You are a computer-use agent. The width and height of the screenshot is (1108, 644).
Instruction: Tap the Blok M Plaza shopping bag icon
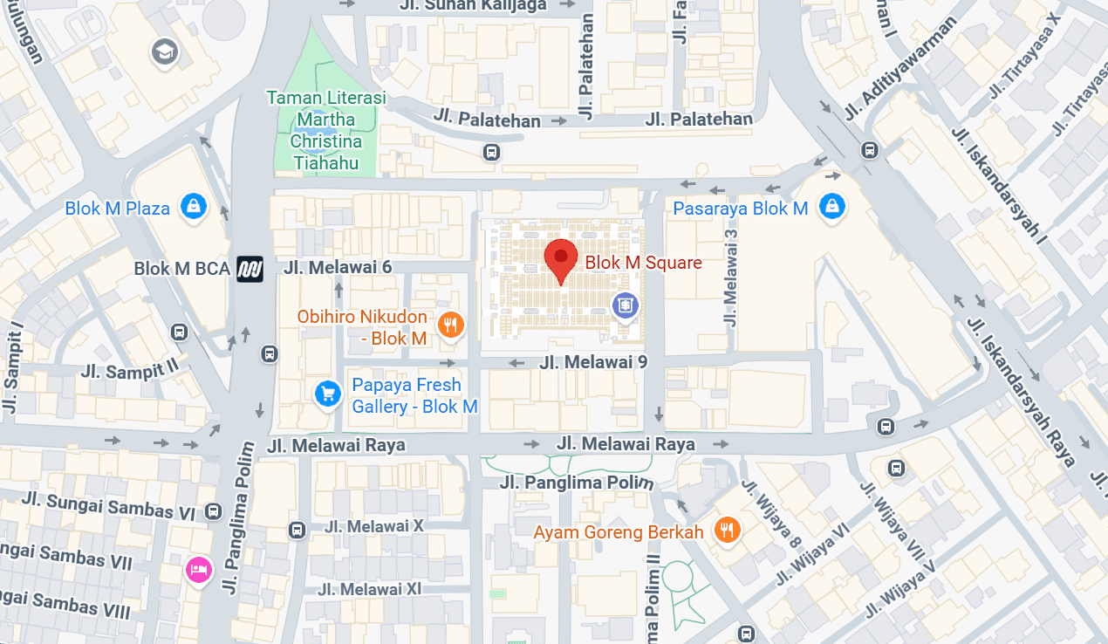(192, 207)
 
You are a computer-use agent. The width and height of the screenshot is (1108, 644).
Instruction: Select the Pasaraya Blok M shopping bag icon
(832, 207)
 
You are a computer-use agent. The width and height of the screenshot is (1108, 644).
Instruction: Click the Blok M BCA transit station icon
(250, 269)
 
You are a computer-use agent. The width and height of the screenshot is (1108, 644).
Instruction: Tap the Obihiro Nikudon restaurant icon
(450, 325)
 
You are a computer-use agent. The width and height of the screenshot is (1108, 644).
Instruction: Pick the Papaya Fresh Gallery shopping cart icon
(327, 394)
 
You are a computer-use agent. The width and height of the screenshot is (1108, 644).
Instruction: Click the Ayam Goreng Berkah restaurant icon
(726, 529)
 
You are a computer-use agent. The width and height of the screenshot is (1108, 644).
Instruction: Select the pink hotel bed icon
(199, 570)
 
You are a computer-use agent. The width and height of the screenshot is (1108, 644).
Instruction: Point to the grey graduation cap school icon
(163, 51)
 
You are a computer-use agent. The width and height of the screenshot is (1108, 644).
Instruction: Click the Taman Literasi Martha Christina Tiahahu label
(326, 130)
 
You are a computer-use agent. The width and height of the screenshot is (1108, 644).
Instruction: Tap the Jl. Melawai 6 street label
(339, 267)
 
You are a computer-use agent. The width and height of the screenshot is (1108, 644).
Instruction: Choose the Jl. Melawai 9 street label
(593, 361)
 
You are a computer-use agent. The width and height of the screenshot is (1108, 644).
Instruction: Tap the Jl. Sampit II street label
(129, 370)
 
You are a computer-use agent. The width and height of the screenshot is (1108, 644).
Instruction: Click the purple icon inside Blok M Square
(625, 305)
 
